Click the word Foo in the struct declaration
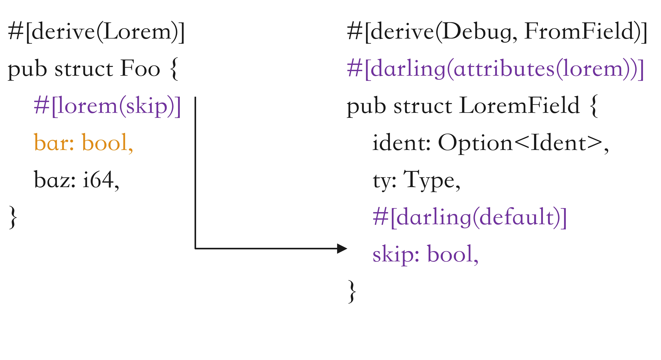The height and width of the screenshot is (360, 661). (x=140, y=69)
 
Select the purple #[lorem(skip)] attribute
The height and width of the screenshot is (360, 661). (x=107, y=106)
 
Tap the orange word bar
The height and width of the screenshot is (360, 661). (x=51, y=143)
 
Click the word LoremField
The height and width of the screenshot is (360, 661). (x=519, y=105)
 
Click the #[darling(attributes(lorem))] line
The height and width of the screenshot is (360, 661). (x=495, y=69)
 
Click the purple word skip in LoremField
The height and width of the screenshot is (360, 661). (x=393, y=254)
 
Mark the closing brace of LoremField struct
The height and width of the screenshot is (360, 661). (x=352, y=292)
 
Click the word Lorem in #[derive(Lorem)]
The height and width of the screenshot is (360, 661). (x=137, y=32)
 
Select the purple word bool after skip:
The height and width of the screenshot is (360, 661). (x=450, y=254)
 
